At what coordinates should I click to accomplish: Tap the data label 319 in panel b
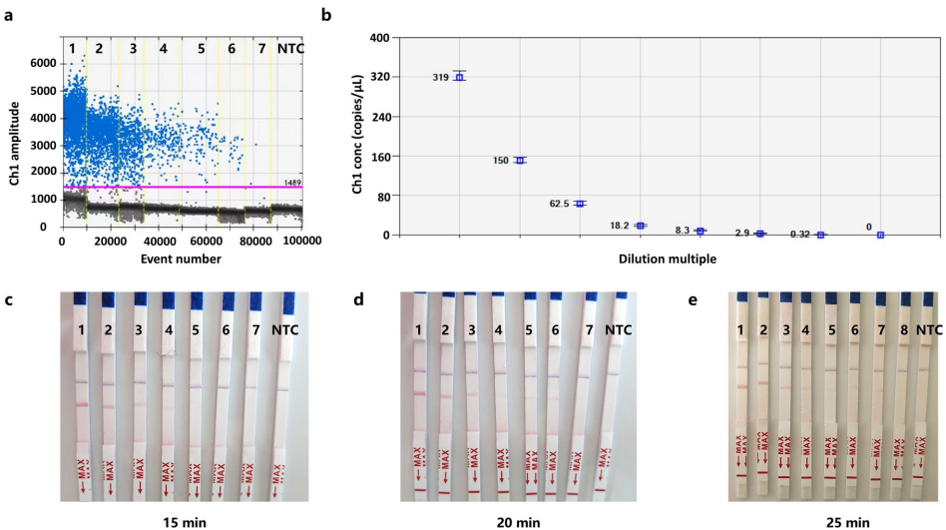coord(440,78)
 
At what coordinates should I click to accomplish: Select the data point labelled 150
coord(520,160)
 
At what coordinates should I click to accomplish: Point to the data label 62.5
coord(559,204)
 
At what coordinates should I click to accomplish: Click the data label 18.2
coord(620,226)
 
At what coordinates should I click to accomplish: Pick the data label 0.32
coord(799,235)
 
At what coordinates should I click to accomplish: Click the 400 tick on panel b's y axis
coord(379,38)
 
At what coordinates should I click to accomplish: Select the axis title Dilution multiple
coord(668,259)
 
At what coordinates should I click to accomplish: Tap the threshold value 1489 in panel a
coord(292,183)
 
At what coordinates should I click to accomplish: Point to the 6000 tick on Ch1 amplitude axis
coord(42,62)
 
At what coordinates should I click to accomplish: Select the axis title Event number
coord(183,260)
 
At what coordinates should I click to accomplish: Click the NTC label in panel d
coord(619,329)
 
